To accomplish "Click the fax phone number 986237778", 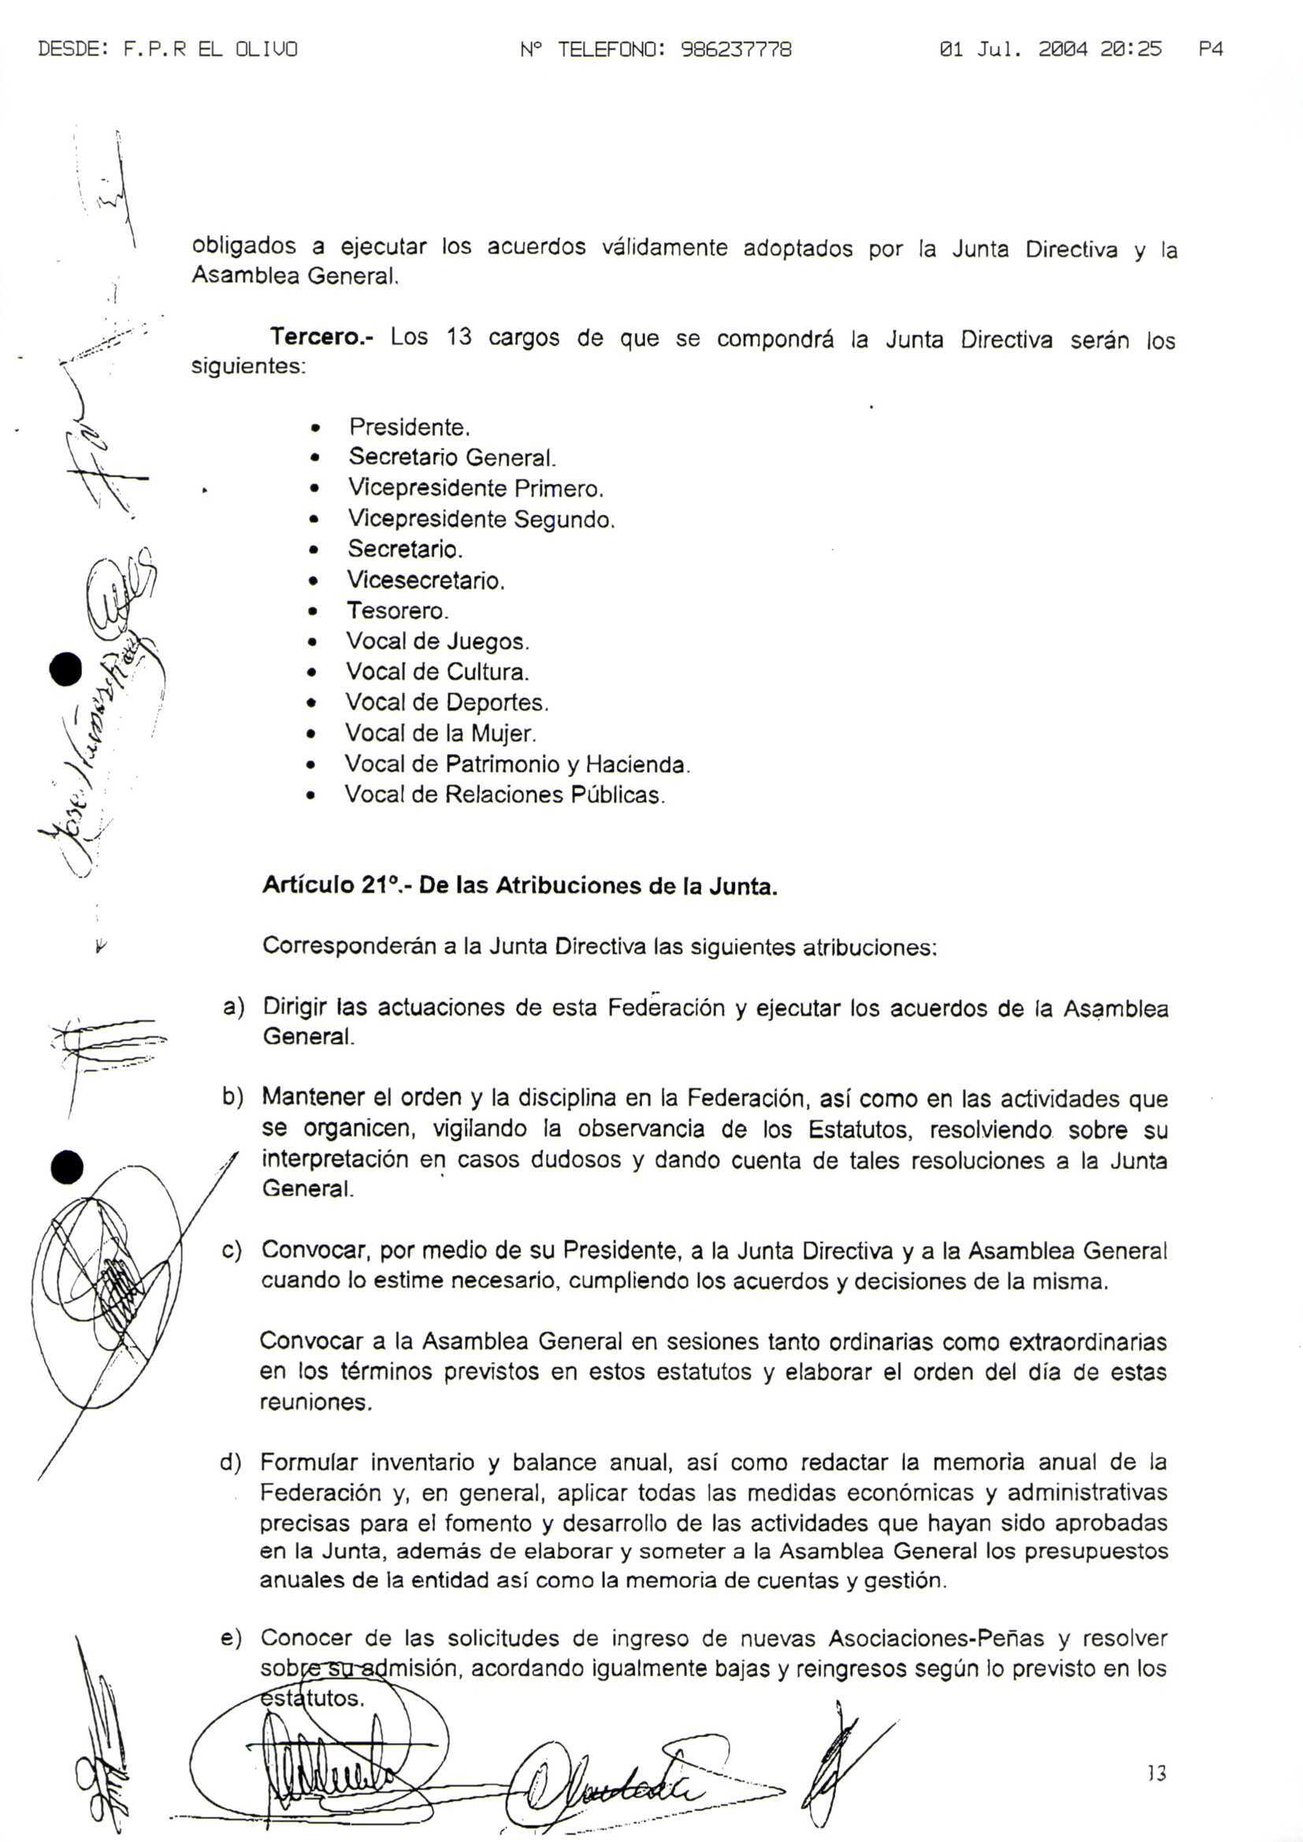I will tap(736, 50).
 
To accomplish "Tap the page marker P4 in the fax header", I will tap(1210, 50).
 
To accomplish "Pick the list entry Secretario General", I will tap(451, 458).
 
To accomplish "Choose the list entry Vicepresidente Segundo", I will tap(481, 519).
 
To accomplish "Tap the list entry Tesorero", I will tap(397, 610).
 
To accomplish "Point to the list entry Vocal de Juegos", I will tap(437, 641).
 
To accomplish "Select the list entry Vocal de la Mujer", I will tap(440, 732).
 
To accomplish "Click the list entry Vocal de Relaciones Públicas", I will tap(505, 795).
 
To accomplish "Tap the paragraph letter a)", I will tap(233, 1007).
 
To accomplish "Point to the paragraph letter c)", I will tap(232, 1250).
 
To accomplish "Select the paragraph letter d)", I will tap(231, 1462).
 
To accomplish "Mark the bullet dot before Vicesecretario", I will tap(315, 581).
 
